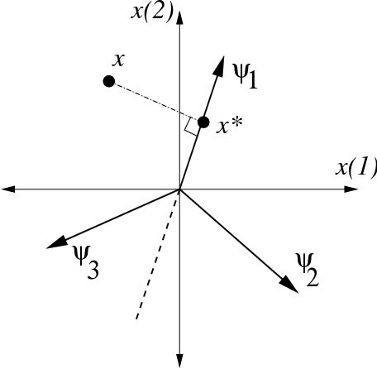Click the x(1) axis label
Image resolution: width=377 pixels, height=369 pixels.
[x=356, y=168]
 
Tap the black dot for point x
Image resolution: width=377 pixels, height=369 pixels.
[x=108, y=81]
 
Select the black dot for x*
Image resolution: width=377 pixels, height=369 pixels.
[x=204, y=122]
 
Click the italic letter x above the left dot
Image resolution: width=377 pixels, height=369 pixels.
[x=121, y=60]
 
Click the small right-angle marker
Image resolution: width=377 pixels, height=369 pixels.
[x=192, y=126]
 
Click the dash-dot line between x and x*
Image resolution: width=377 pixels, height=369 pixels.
[x=153, y=100]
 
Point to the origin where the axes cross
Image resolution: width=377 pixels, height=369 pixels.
[x=179, y=189]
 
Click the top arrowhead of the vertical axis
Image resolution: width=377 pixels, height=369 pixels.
[x=179, y=10]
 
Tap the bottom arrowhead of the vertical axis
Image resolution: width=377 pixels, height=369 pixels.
[x=179, y=357]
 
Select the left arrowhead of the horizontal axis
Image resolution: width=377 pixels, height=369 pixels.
[x=9, y=189]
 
